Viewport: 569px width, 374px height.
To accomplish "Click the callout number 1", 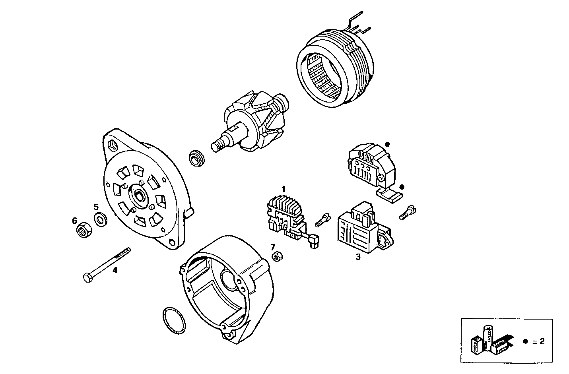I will tap(284, 188).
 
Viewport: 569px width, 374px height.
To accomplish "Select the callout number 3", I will tap(358, 257).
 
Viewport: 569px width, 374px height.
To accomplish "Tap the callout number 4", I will tap(115, 271).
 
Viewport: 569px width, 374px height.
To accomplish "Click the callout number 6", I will tap(74, 220).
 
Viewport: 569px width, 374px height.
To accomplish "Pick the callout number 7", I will tap(273, 247).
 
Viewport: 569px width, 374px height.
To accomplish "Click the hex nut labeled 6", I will tap(84, 230).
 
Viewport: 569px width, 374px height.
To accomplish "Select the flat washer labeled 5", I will tap(100, 219).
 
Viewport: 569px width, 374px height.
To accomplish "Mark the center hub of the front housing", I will tap(140, 195).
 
